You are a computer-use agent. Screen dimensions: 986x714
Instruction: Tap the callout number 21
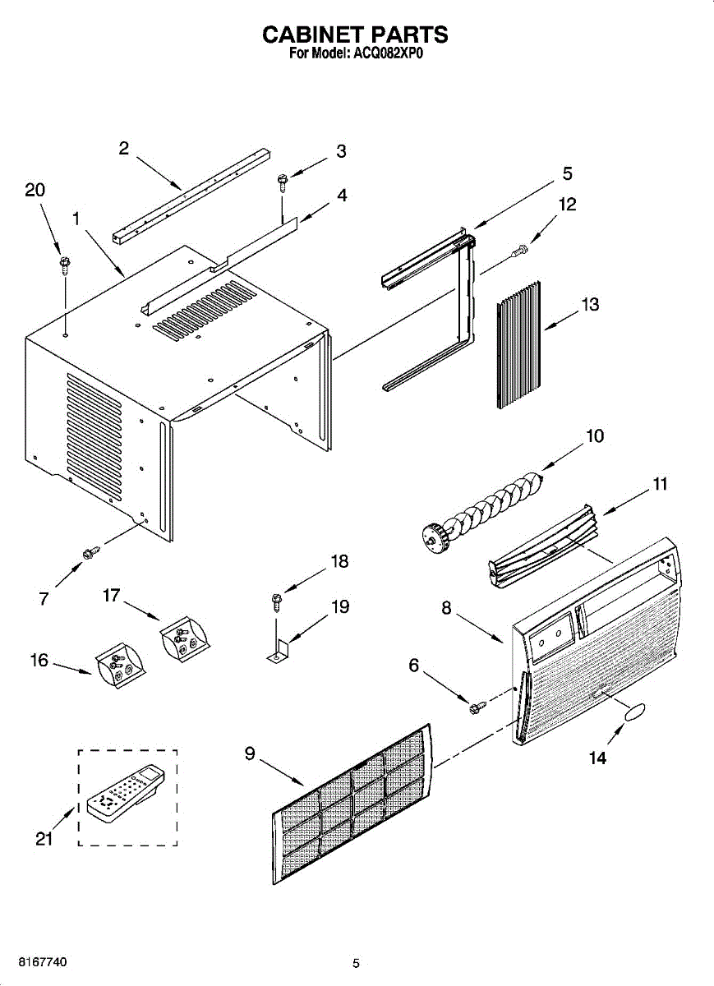pos(44,838)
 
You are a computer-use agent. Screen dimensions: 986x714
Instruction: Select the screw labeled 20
pos(64,265)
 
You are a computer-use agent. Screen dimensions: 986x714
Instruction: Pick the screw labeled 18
pos(276,601)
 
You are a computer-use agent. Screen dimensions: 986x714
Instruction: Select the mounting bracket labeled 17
pos(184,638)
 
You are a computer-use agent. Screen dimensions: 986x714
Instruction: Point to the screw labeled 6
pos(474,707)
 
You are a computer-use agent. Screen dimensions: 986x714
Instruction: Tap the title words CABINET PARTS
pos(355,35)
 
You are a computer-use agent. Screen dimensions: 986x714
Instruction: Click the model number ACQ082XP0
pos(387,55)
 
